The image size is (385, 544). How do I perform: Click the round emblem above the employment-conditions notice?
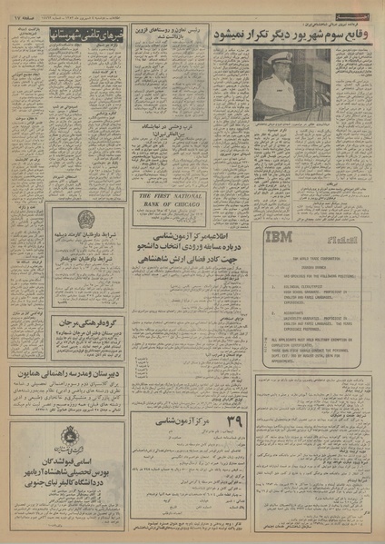click(x=85, y=220)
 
